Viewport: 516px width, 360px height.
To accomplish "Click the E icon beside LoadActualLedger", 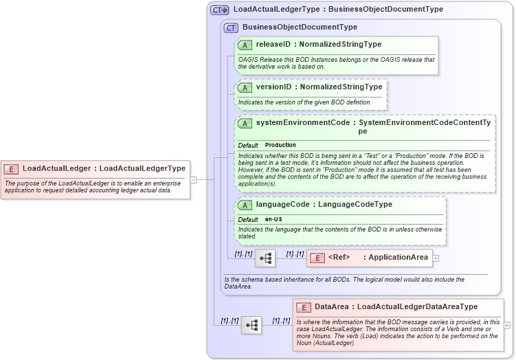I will click(11, 168).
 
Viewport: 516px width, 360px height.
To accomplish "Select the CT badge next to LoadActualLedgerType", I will click(220, 10).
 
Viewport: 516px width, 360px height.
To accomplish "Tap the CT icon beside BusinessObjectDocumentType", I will click(231, 27).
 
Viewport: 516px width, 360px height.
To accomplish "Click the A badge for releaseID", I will click(245, 45).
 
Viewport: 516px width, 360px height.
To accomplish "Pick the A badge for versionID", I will click(245, 87).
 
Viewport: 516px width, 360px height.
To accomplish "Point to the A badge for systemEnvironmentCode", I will click(245, 123).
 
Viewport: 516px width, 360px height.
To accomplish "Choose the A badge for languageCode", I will click(245, 205).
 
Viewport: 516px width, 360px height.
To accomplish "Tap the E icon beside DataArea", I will click(304, 306).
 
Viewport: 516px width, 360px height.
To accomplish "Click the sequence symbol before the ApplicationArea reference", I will click(265, 258).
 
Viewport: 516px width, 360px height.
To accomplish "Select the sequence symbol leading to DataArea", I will click(251, 325).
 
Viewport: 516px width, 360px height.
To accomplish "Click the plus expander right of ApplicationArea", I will click(436, 258).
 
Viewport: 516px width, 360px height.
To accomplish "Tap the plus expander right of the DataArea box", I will click(507, 325).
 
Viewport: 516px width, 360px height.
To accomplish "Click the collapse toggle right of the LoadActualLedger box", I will click(193, 180).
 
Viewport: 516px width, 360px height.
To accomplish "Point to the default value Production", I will click(280, 146).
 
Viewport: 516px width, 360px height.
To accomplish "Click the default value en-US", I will click(273, 219).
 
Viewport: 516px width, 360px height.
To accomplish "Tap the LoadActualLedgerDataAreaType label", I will click(418, 306).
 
